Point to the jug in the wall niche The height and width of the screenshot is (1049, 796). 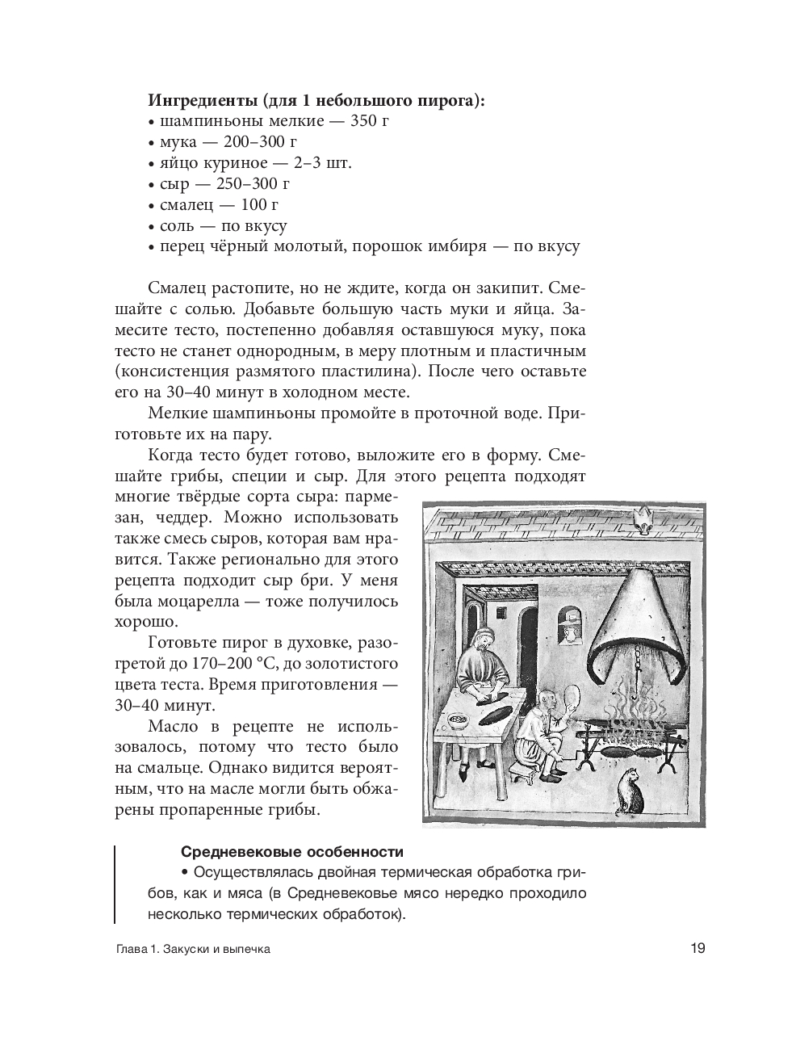570,636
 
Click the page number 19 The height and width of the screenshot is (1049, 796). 698,948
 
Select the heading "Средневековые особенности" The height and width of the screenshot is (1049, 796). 292,852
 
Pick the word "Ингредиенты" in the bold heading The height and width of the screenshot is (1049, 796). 202,100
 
